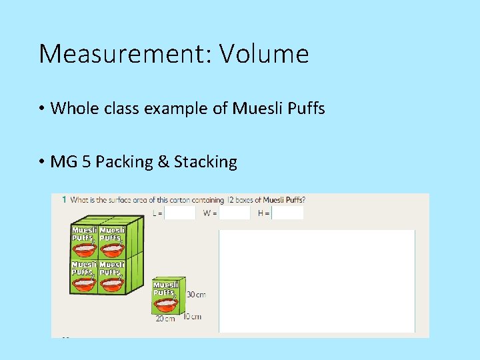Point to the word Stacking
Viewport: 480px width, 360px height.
206,162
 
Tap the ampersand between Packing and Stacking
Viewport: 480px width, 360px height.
163,162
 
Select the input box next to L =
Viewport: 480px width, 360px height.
180,213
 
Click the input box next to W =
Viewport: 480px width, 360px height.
235,213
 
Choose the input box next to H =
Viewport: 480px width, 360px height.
288,213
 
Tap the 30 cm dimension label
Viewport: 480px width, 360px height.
195,295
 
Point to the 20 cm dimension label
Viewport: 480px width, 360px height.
165,319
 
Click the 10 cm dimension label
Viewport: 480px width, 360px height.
192,316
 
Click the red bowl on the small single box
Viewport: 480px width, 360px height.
166,304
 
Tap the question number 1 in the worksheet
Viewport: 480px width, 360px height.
63,199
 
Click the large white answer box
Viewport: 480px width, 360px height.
317,280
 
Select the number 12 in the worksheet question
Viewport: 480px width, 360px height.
231,199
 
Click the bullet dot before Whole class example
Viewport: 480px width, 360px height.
41,108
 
